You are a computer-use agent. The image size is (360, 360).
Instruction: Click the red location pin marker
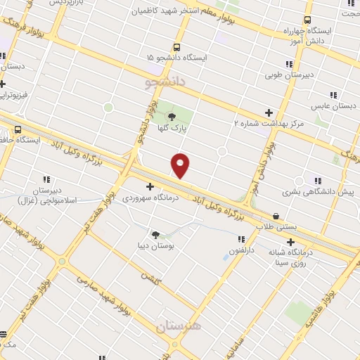(x=180, y=165)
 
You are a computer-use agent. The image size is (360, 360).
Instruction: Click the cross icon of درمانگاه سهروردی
(x=149, y=186)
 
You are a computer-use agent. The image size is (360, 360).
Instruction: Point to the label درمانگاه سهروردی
(x=148, y=198)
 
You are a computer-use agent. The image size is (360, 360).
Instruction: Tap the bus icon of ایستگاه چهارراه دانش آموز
(x=306, y=20)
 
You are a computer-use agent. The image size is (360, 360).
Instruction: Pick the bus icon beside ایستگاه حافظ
(x=17, y=129)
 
